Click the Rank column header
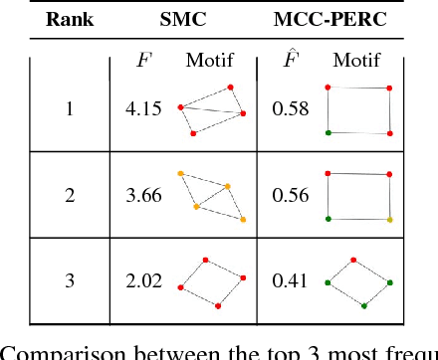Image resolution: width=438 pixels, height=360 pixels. pyautogui.click(x=69, y=19)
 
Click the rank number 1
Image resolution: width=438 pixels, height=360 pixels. pyautogui.click(x=69, y=108)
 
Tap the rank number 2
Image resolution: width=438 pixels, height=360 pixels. pyautogui.click(x=69, y=195)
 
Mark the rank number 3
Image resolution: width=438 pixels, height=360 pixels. pyautogui.click(x=69, y=281)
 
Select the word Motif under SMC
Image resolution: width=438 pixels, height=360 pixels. pyautogui.click(x=209, y=62)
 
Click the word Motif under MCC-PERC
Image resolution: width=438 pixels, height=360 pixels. pyautogui.click(x=356, y=62)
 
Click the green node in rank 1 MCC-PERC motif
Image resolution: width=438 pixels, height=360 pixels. pyautogui.click(x=329, y=132)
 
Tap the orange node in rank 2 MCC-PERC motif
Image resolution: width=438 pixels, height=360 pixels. pyautogui.click(x=389, y=219)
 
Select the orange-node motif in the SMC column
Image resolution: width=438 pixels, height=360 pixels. pyautogui.click(x=211, y=196)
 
